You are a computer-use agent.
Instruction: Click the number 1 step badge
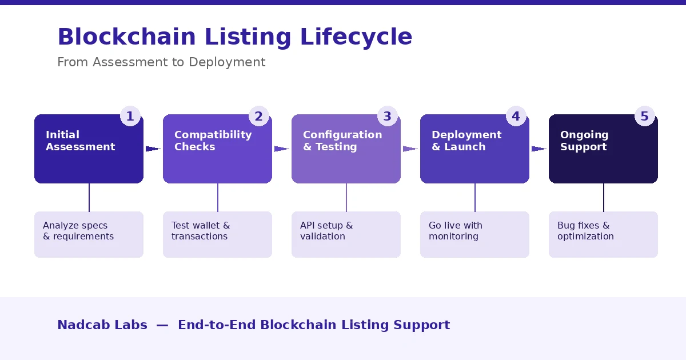click(x=130, y=117)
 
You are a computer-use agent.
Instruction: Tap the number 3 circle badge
click(x=387, y=117)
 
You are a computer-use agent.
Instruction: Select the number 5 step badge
click(x=644, y=117)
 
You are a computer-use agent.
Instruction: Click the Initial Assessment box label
click(x=80, y=141)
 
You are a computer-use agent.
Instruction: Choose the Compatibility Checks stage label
click(x=213, y=141)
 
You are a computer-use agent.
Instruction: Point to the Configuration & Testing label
click(x=342, y=141)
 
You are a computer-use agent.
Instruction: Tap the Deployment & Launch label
click(x=466, y=141)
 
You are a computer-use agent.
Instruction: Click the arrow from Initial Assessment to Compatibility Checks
click(x=153, y=149)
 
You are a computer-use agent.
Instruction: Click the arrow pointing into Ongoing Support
click(x=539, y=149)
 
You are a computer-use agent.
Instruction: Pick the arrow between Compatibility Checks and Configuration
click(x=281, y=149)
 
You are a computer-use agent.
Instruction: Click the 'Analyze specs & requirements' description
click(x=78, y=231)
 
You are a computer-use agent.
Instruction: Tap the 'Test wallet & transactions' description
click(x=200, y=231)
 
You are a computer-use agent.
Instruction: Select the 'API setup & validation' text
click(x=326, y=231)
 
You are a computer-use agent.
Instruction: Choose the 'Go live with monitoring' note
click(x=455, y=231)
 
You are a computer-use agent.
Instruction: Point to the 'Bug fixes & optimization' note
click(x=585, y=231)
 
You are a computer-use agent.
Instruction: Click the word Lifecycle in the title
click(x=356, y=37)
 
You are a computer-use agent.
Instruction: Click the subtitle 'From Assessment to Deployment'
click(x=161, y=62)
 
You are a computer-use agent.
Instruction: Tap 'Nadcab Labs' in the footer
click(x=102, y=325)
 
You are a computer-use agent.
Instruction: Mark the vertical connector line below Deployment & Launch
click(x=474, y=197)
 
